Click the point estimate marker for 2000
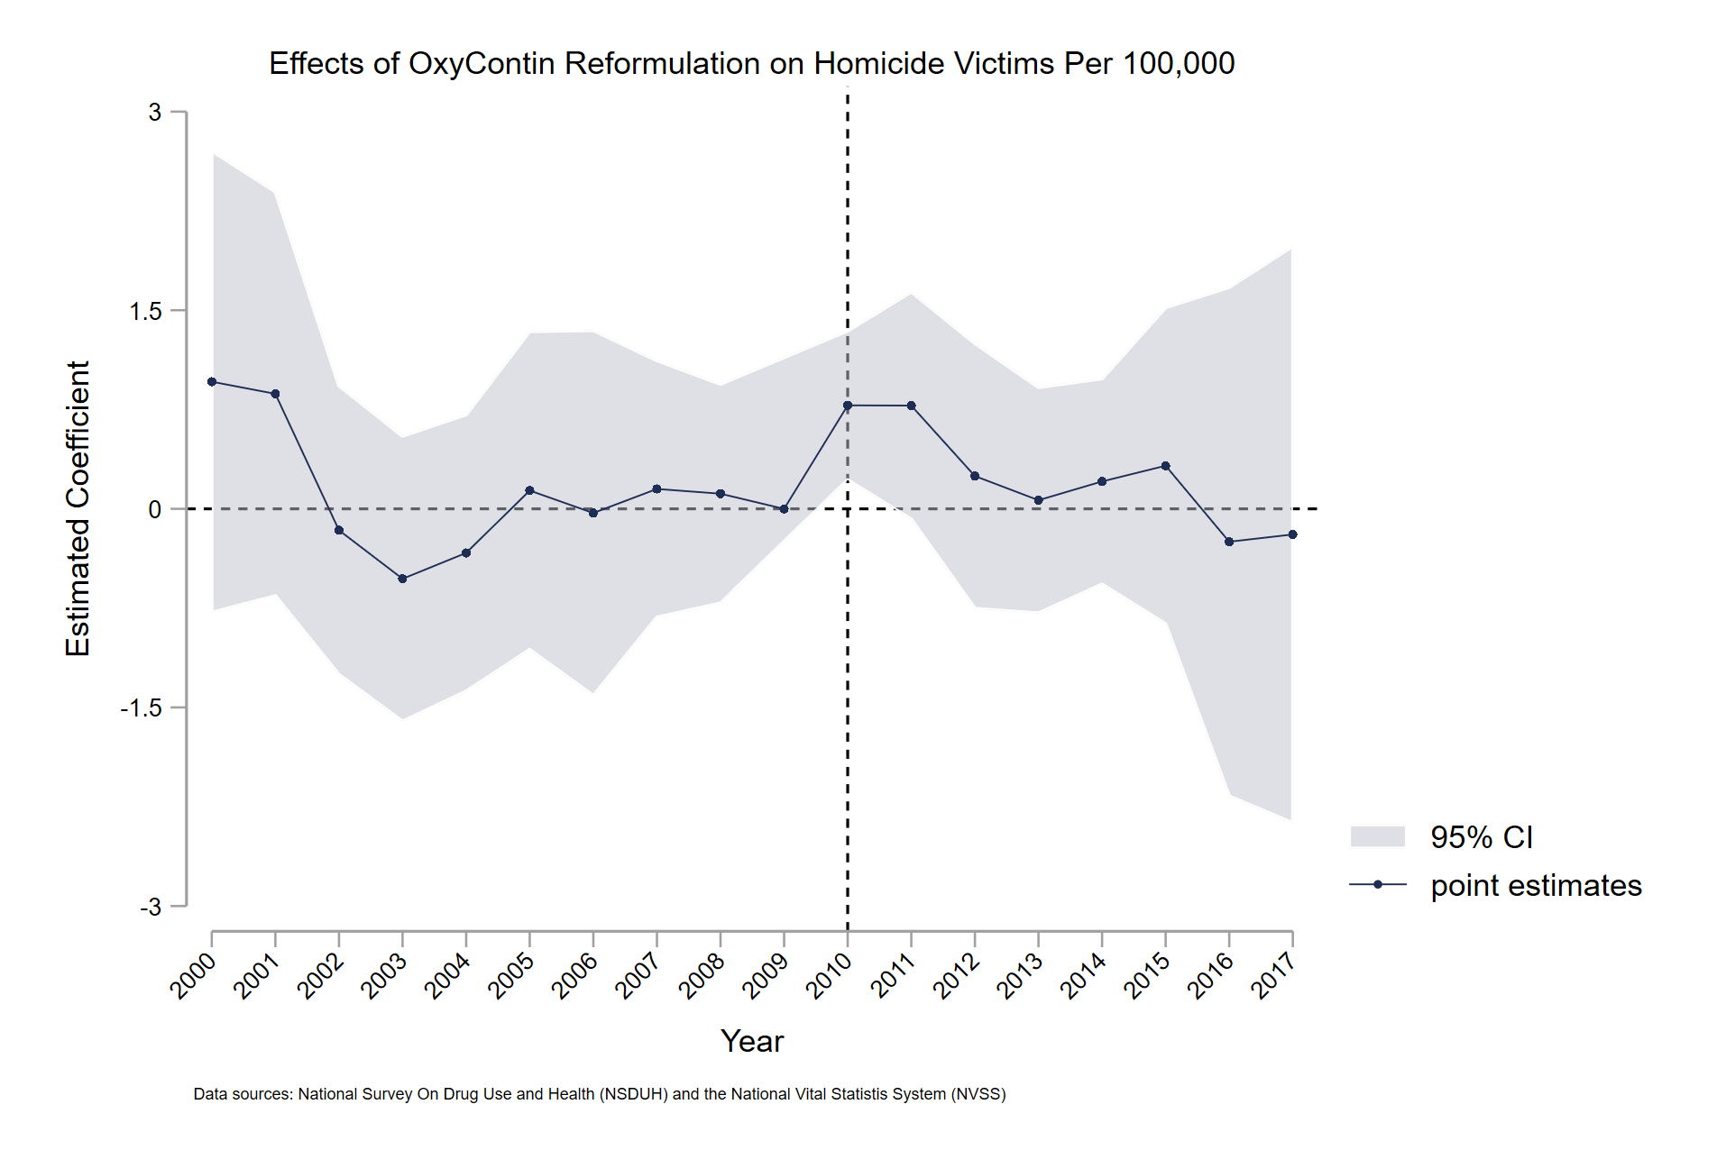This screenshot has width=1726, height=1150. [212, 382]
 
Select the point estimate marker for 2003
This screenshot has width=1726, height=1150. [402, 579]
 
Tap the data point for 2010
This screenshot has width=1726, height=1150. [848, 406]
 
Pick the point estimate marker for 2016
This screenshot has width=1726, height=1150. [1229, 542]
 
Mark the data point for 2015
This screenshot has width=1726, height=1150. [1165, 466]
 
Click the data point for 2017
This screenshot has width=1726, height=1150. [1292, 534]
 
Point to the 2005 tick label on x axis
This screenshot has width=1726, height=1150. [511, 976]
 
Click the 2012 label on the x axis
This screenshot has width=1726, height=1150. [957, 976]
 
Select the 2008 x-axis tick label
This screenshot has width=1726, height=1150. [702, 976]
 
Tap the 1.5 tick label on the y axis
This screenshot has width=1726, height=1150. [145, 311]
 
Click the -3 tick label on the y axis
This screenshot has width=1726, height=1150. [151, 907]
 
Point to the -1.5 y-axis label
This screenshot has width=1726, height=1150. [141, 708]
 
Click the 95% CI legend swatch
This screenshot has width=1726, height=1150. [1377, 836]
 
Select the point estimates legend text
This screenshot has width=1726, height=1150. [1536, 885]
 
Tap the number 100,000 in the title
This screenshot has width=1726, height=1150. [1179, 64]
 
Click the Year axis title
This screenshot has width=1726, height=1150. [752, 1041]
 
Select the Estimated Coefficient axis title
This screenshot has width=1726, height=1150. [78, 508]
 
